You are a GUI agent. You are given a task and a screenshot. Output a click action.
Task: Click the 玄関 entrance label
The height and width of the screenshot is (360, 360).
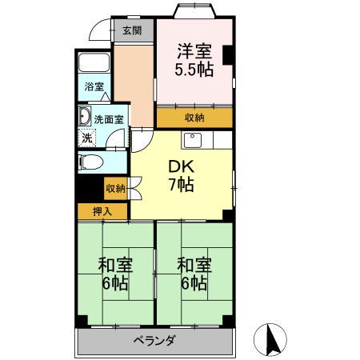(132, 31)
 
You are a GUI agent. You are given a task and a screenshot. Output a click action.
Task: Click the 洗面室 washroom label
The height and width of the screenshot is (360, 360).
(109, 119)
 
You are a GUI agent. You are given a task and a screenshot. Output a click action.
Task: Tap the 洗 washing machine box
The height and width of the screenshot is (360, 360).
(87, 136)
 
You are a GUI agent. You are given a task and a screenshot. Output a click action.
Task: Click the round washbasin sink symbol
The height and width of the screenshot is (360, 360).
(85, 118)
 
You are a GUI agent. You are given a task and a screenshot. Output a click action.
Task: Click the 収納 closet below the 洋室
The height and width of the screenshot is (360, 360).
(194, 117)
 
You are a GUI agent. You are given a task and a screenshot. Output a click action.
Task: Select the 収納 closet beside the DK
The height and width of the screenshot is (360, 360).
(115, 189)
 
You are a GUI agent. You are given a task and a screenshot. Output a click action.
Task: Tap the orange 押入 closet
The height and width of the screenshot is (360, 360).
(102, 212)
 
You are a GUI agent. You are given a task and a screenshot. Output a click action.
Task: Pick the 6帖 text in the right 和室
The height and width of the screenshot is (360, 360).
(194, 283)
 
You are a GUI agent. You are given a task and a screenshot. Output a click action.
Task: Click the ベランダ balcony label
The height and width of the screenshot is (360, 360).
(154, 340)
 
